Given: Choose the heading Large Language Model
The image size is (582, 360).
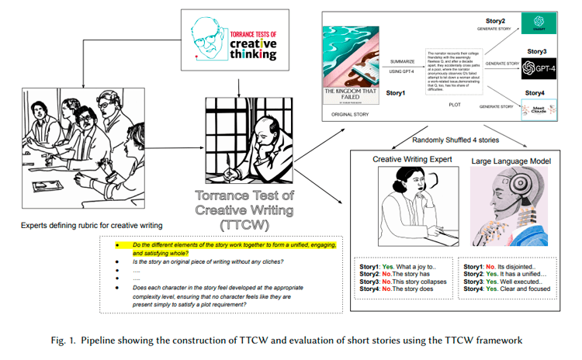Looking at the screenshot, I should pyautogui.click(x=504, y=160).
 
